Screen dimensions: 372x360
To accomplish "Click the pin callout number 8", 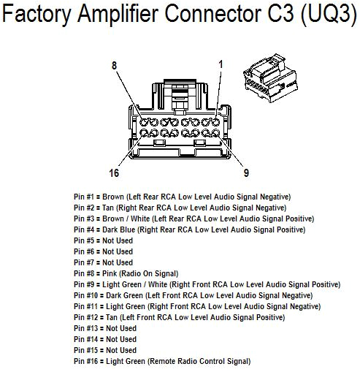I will click(115, 66).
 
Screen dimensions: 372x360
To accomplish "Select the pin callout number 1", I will click(221, 64).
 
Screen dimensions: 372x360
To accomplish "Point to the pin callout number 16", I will click(114, 173).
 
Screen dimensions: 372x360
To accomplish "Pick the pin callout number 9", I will click(246, 173).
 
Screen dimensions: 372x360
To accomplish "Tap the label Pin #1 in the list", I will click(85, 197).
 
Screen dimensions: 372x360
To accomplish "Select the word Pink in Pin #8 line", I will click(112, 273).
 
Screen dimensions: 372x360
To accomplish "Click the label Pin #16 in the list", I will click(88, 361).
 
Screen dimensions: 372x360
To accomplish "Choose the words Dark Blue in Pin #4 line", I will click(120, 229).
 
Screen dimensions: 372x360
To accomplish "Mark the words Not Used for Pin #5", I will click(118, 240).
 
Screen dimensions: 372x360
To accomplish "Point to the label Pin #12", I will click(88, 317).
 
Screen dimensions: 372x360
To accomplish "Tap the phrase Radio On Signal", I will click(156, 273).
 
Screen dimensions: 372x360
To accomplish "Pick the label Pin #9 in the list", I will click(85, 284).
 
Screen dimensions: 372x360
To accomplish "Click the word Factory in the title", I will click(37, 15).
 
